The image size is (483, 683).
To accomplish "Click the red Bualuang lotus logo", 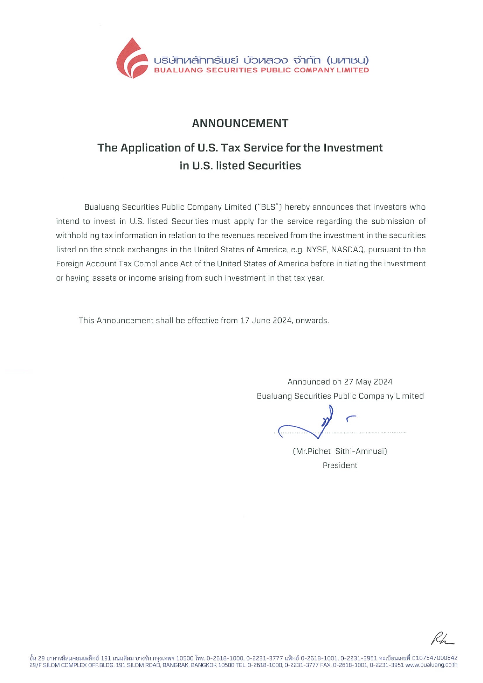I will point(132,59).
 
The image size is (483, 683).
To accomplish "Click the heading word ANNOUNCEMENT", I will point(240,123).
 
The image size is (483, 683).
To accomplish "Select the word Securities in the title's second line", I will point(274,166).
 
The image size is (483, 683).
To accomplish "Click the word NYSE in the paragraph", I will point(317,250).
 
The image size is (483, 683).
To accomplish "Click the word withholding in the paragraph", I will point(77,236).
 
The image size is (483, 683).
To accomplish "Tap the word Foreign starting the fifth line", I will point(70,264).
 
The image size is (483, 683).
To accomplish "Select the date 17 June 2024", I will point(266,321).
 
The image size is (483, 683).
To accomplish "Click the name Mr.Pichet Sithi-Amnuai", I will point(340,451).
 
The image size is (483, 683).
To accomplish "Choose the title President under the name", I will point(340,465).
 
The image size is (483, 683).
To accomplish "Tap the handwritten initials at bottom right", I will point(441,638).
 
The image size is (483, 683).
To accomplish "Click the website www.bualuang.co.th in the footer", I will point(431,665).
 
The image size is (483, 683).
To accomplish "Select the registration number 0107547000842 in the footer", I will point(435,658).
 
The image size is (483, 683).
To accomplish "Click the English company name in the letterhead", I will point(261,70).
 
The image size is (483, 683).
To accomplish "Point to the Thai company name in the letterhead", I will point(261,60).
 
